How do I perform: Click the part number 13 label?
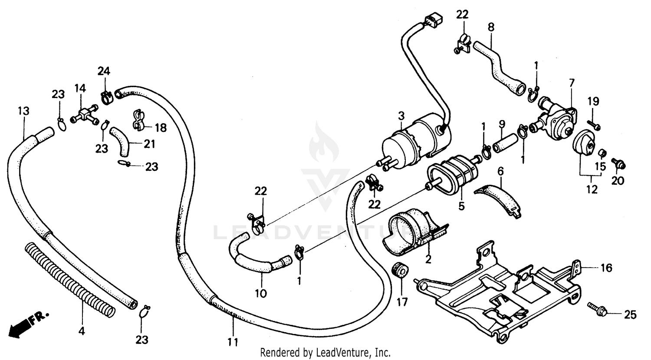tap(23, 111)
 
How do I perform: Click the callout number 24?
tap(104, 71)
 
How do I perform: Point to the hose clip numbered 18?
tap(138, 119)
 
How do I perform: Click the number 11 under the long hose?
tap(233, 342)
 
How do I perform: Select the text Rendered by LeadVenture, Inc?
tap(325, 352)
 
